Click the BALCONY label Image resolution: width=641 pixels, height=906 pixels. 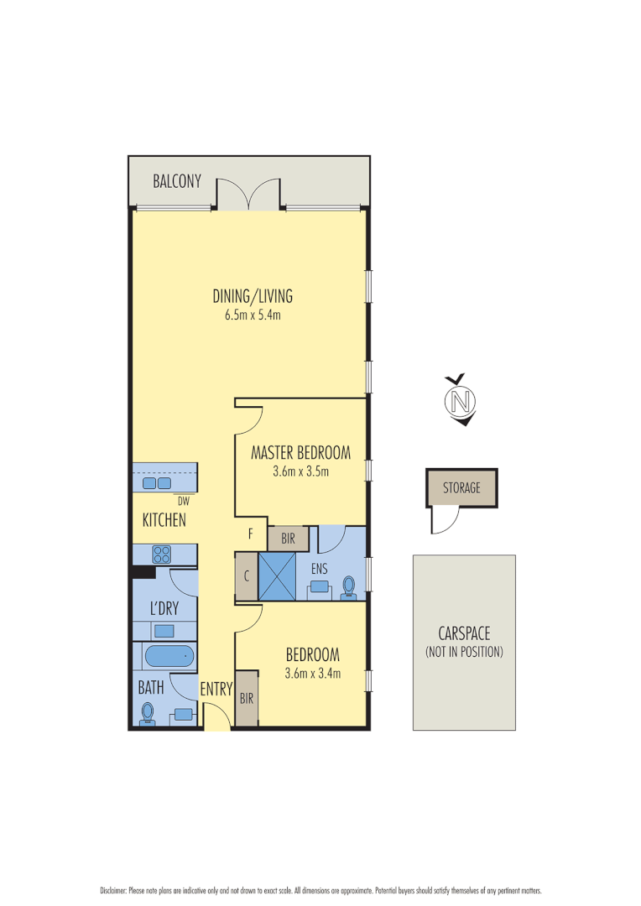pyautogui.click(x=177, y=180)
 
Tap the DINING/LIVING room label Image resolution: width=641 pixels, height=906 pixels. pyautogui.click(x=252, y=296)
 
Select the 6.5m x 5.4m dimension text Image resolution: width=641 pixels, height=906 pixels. pyautogui.click(x=252, y=315)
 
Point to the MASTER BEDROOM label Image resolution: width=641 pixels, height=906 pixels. pyautogui.click(x=300, y=453)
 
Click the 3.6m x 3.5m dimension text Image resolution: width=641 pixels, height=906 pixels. pyautogui.click(x=300, y=471)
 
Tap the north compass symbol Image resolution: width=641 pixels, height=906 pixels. pyautogui.click(x=459, y=401)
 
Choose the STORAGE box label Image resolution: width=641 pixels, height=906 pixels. pyautogui.click(x=461, y=487)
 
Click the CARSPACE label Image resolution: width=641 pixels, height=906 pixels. pyautogui.click(x=464, y=634)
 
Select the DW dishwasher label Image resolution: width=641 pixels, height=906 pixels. pyautogui.click(x=184, y=502)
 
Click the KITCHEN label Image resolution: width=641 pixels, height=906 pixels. pyautogui.click(x=164, y=521)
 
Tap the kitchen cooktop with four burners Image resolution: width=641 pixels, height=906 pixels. pyautogui.click(x=161, y=555)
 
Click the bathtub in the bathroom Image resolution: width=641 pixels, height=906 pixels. pyautogui.click(x=169, y=656)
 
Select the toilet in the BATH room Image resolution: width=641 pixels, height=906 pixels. pyautogui.click(x=149, y=712)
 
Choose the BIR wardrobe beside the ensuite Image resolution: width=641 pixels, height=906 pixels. pyautogui.click(x=288, y=538)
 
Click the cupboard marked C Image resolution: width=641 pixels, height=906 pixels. pyautogui.click(x=247, y=576)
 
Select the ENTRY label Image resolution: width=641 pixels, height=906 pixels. pyautogui.click(x=216, y=690)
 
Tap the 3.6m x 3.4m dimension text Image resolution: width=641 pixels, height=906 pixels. pyautogui.click(x=312, y=673)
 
